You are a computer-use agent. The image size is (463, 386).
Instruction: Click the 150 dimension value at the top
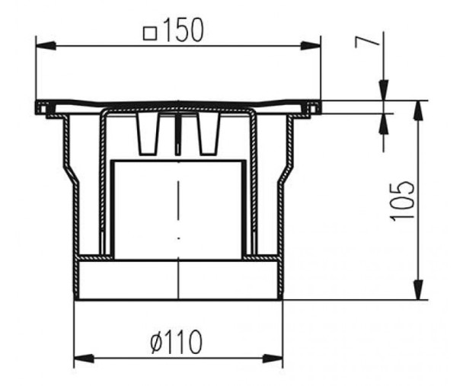click(183, 30)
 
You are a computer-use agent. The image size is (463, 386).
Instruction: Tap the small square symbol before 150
click(150, 33)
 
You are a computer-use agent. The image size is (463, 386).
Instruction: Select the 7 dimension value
click(367, 42)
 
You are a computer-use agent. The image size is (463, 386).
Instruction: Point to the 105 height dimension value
click(402, 201)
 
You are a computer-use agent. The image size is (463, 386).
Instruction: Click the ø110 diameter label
click(176, 342)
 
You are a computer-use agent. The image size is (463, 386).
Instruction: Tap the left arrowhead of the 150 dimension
click(46, 46)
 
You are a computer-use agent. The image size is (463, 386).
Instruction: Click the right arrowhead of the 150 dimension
click(311, 46)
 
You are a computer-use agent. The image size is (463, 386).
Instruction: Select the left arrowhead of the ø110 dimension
click(84, 359)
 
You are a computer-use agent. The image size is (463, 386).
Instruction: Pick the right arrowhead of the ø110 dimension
click(273, 359)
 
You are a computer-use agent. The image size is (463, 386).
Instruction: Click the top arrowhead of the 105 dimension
click(418, 110)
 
